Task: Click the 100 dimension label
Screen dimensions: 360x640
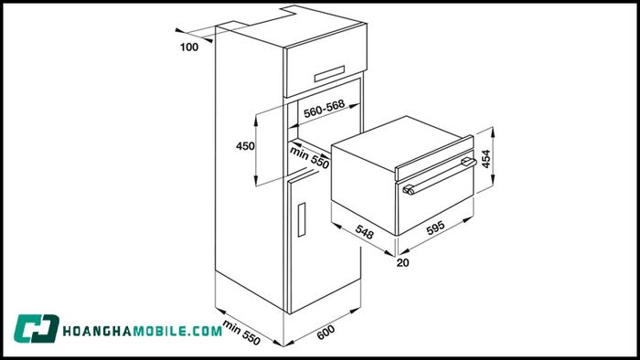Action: pyautogui.click(x=189, y=47)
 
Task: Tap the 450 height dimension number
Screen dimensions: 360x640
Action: pyautogui.click(x=245, y=146)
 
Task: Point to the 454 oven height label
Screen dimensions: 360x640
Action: pyautogui.click(x=488, y=157)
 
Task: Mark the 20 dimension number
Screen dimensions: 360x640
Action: pyautogui.click(x=403, y=263)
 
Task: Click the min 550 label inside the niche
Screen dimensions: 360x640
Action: pyautogui.click(x=310, y=156)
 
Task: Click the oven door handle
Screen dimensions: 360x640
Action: pyautogui.click(x=439, y=176)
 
